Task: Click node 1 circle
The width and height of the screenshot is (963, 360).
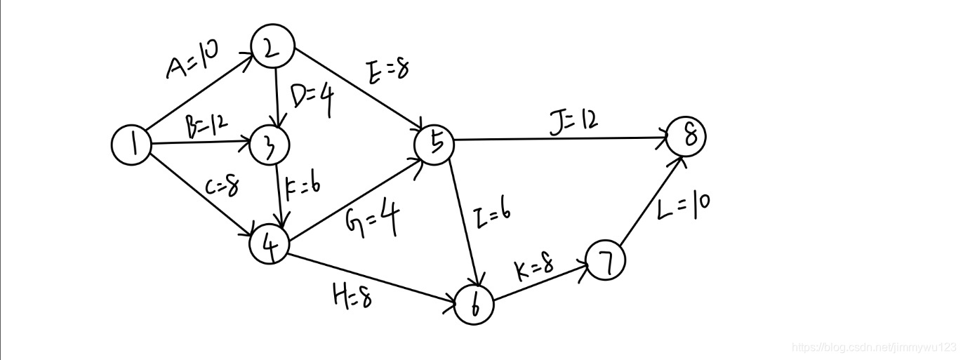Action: tap(131, 145)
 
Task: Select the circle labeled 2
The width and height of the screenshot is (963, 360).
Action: tap(274, 48)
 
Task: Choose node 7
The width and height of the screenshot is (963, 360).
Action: tap(605, 261)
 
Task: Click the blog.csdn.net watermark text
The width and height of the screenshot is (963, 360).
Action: tap(874, 347)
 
